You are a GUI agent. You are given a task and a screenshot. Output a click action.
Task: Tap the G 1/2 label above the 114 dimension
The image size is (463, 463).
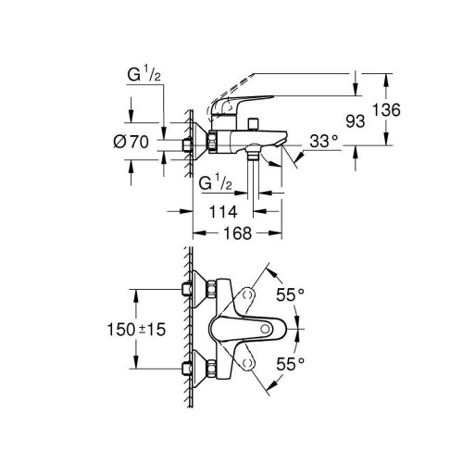coord(217,183)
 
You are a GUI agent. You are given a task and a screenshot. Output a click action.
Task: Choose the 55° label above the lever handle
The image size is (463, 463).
coord(289,294)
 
